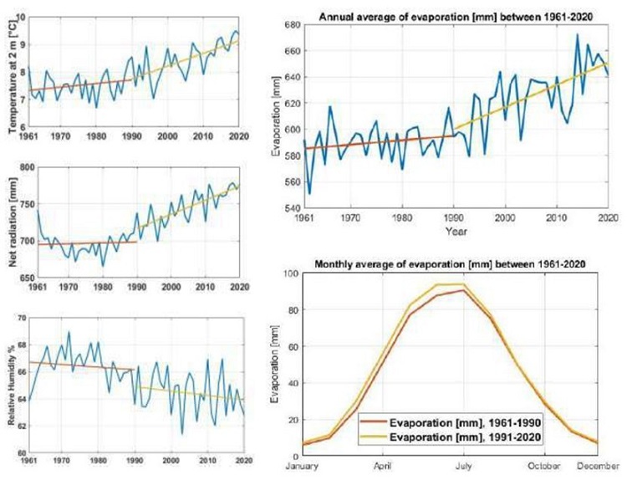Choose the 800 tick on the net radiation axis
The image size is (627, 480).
point(20,168)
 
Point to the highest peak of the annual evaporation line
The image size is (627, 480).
point(577,34)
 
